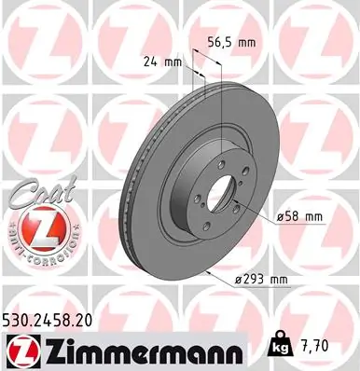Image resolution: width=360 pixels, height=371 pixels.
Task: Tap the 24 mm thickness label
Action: pyautogui.click(x=161, y=61)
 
